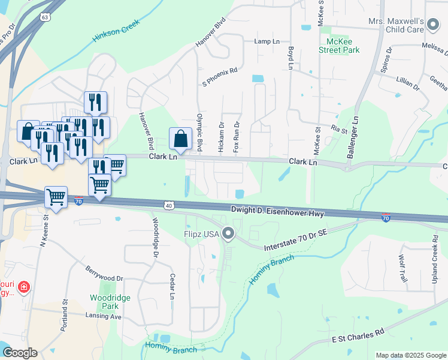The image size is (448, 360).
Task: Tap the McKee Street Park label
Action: [343, 46]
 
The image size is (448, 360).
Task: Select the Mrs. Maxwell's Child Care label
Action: [396, 24]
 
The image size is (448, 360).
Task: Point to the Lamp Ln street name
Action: [267, 41]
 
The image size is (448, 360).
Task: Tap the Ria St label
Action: [340, 129]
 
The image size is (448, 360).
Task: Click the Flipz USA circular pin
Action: [228, 233]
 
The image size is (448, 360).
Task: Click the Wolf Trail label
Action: [402, 268]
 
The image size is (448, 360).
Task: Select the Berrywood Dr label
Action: [104, 274]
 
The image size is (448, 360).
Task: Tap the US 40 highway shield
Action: [169, 205]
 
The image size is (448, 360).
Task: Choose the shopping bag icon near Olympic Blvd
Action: [180, 139]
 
